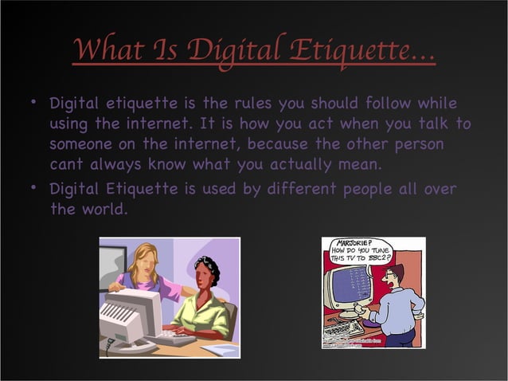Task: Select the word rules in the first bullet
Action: [x=262, y=104]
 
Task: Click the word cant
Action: [x=66, y=165]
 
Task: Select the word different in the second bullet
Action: [x=291, y=188]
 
